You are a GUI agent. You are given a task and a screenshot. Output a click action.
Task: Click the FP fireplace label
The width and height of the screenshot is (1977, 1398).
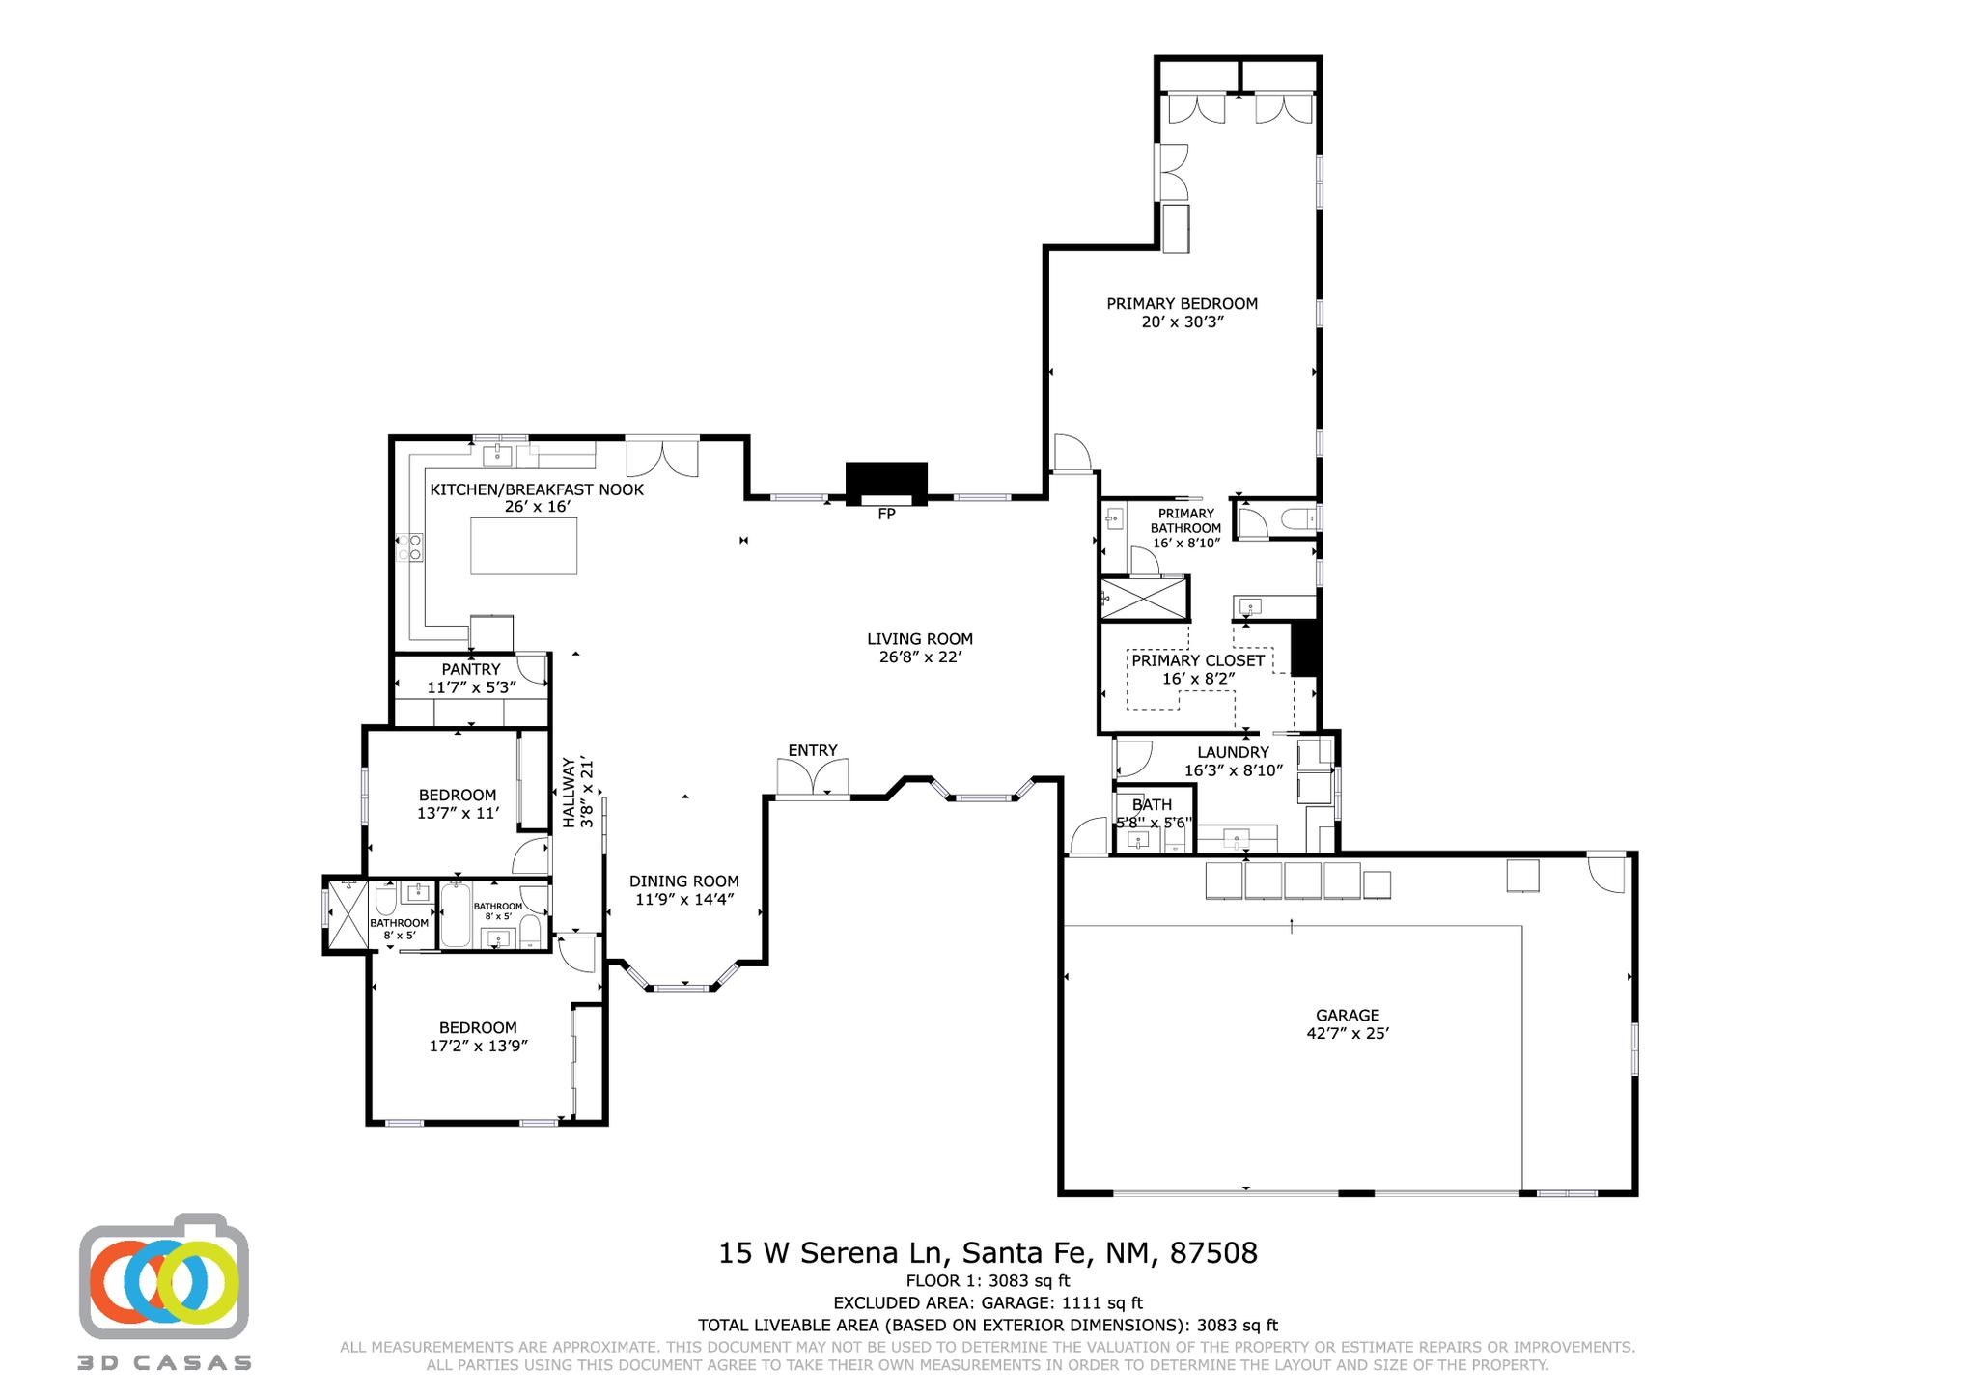[x=886, y=515]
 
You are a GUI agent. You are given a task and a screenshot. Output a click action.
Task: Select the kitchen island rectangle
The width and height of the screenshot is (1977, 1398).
[x=524, y=546]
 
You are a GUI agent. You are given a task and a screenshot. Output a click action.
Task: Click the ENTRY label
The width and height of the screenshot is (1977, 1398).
[x=813, y=750]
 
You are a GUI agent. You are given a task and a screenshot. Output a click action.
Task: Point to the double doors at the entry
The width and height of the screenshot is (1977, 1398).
[x=813, y=778]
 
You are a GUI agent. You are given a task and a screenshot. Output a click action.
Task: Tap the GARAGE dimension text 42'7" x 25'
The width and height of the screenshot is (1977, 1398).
[x=1348, y=1033]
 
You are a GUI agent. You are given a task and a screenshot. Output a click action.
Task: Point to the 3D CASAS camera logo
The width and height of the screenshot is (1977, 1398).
[x=164, y=1274]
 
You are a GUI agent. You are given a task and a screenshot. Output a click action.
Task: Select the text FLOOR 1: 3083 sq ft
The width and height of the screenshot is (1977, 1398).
[x=988, y=1281]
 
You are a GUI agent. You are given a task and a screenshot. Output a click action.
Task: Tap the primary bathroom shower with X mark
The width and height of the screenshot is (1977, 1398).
[x=1145, y=599]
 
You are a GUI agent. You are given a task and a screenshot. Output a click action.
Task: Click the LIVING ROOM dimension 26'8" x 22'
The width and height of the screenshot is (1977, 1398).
[x=919, y=657]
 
